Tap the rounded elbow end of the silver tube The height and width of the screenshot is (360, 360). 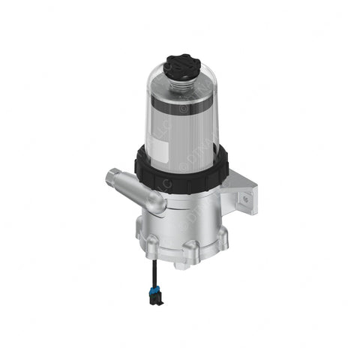tap(154, 202)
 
